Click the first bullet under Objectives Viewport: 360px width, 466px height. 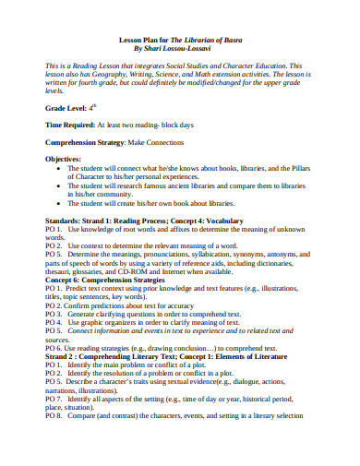(60, 170)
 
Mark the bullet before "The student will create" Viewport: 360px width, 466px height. (60, 203)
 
